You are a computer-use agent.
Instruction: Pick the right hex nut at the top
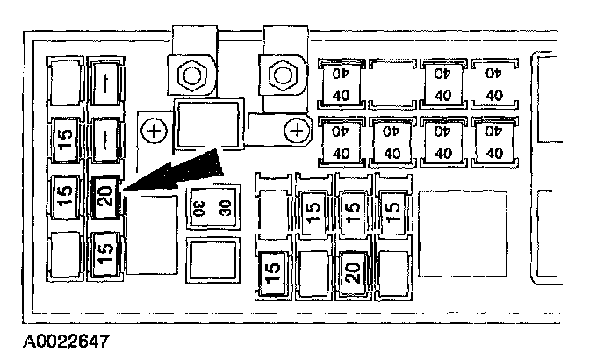click(x=281, y=76)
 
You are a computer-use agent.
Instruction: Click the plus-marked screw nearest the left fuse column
click(x=155, y=132)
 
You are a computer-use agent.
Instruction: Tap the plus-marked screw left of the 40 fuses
click(x=297, y=132)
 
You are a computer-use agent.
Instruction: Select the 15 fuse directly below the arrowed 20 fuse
click(x=105, y=253)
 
